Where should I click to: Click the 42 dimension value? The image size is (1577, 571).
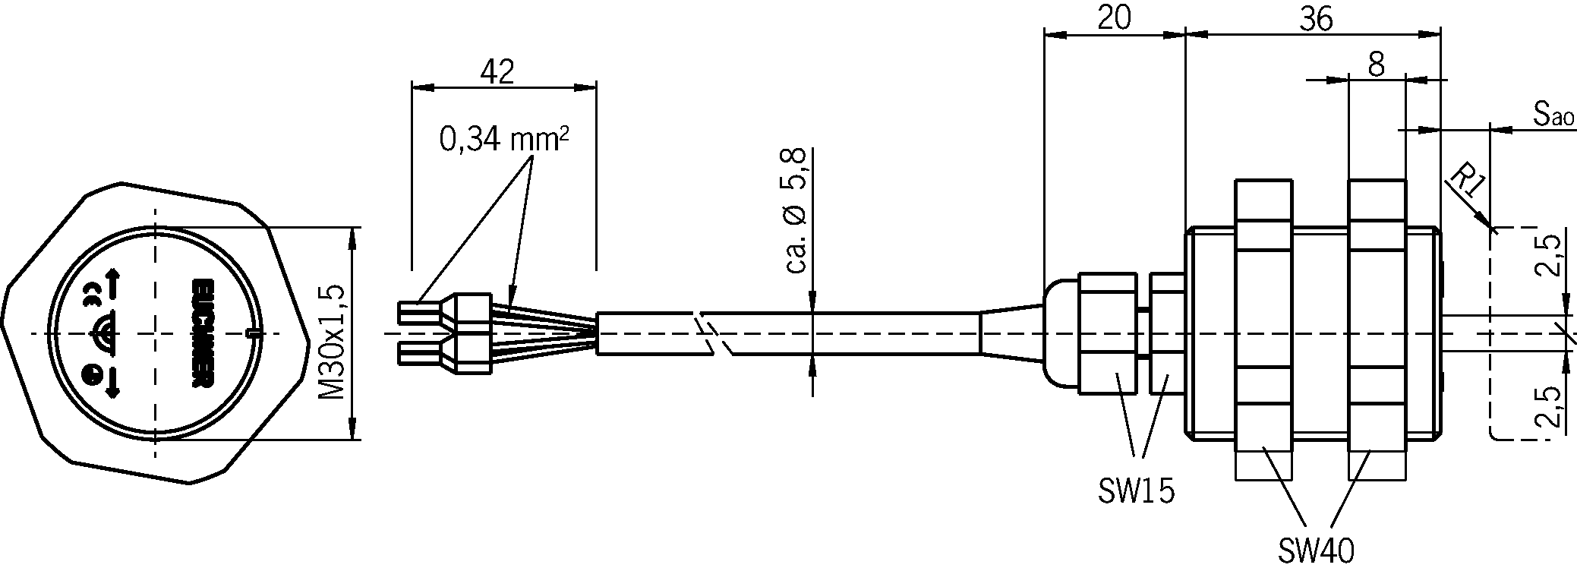pyautogui.click(x=497, y=71)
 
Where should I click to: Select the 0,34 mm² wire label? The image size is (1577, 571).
pyautogui.click(x=504, y=139)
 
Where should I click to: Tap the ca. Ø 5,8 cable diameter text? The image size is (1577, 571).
pyautogui.click(x=796, y=211)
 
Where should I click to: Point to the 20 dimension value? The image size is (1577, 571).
pyautogui.click(x=1115, y=19)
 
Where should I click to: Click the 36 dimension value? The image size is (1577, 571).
pyautogui.click(x=1315, y=19)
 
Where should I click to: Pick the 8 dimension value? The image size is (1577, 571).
pyautogui.click(x=1376, y=65)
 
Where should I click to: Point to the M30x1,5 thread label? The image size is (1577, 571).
pyautogui.click(x=332, y=342)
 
